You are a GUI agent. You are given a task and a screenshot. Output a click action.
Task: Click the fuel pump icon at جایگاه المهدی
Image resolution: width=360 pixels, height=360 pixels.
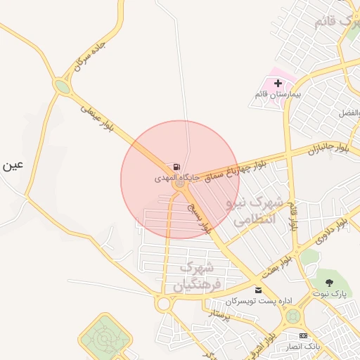pyautogui.click(x=174, y=167)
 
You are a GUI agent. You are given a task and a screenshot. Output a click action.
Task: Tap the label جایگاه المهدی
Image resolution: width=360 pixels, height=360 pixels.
pyautogui.click(x=173, y=179)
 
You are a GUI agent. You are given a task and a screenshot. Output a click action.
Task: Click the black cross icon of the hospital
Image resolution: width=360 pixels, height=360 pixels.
pyautogui.click(x=278, y=83)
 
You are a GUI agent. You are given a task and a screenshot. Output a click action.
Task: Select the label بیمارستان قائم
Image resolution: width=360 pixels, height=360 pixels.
pyautogui.click(x=278, y=94)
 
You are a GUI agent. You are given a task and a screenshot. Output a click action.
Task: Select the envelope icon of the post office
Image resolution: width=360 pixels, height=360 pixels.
pyautogui.click(x=258, y=290)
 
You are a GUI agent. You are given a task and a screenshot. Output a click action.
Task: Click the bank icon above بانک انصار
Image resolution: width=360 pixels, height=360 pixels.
pyautogui.click(x=303, y=335)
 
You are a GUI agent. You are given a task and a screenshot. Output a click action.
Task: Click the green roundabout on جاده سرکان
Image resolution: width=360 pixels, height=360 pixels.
pyautogui.click(x=63, y=87)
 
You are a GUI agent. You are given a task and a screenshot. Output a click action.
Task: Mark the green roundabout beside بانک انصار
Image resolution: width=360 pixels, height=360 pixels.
pyautogui.click(x=291, y=316)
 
